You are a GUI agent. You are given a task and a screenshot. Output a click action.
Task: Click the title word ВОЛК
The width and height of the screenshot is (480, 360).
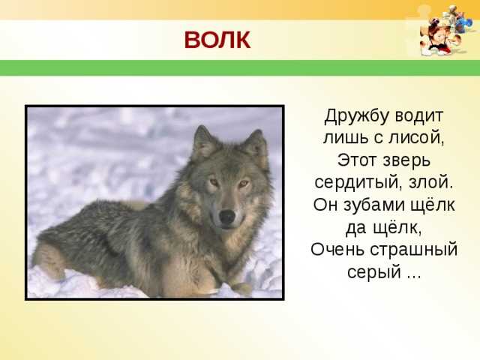tap(217, 40)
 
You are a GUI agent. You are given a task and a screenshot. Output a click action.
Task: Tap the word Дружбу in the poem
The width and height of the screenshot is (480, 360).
tap(356, 116)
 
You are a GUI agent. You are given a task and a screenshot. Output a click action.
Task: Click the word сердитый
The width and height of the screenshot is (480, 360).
tap(358, 183)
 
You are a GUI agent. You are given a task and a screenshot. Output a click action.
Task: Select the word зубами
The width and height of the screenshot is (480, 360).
tap(374, 205)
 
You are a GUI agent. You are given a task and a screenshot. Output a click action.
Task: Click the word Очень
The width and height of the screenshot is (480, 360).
tap(337, 250)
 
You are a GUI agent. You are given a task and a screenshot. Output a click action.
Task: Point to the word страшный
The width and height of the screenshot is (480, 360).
tap(414, 250)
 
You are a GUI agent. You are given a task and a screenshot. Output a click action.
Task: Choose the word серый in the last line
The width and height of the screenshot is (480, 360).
tap(374, 272)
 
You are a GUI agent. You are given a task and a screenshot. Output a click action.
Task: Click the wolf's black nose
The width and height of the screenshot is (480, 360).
tap(227, 217)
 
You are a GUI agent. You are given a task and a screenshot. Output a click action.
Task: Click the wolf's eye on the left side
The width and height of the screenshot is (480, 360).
tap(214, 182)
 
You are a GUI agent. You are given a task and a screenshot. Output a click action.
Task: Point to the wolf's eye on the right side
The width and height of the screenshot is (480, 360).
tap(244, 183)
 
